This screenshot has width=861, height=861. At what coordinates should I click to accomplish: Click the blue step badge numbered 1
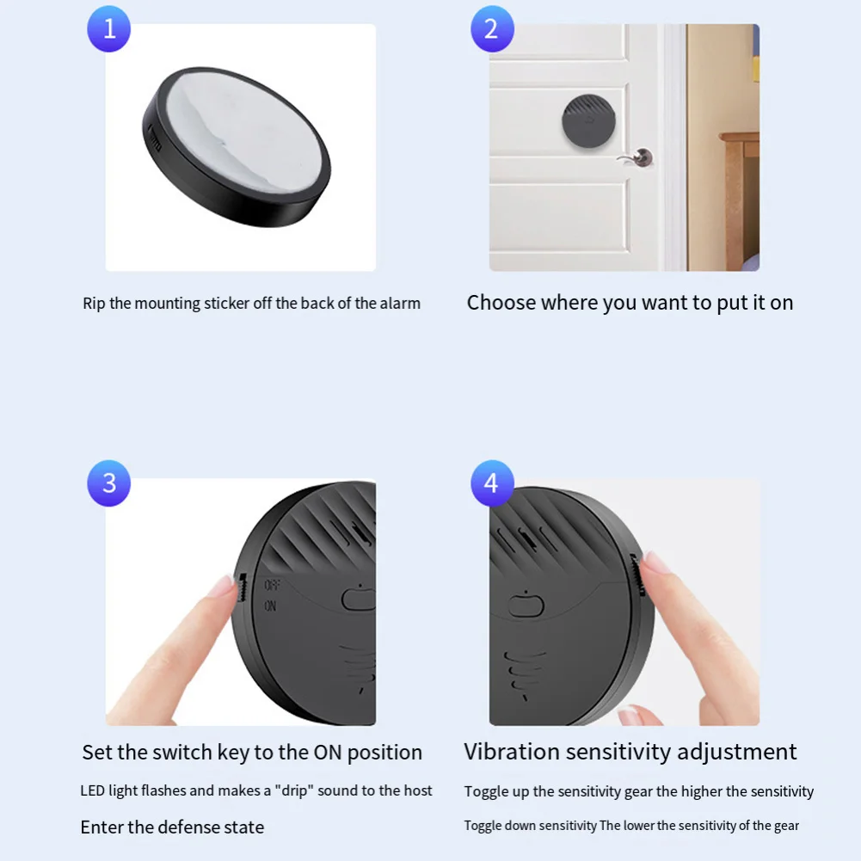pyautogui.click(x=108, y=28)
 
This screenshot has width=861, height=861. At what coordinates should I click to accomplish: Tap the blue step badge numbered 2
pyautogui.click(x=492, y=28)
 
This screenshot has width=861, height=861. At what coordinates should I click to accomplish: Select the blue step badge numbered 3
pyautogui.click(x=108, y=483)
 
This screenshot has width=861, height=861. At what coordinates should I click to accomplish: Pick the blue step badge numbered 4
pyautogui.click(x=492, y=483)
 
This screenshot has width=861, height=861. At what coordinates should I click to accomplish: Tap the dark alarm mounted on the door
pyautogui.click(x=588, y=120)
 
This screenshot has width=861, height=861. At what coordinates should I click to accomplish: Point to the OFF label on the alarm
pyautogui.click(x=273, y=585)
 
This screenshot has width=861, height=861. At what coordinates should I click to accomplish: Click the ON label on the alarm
pyautogui.click(x=270, y=606)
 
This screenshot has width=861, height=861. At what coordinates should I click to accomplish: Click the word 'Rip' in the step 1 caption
pyautogui.click(x=94, y=304)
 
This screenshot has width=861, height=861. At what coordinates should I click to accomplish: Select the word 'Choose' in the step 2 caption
pyautogui.click(x=501, y=303)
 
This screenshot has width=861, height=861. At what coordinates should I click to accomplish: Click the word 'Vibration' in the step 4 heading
pyautogui.click(x=511, y=752)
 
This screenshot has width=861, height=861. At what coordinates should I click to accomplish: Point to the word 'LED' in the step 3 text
pyautogui.click(x=92, y=790)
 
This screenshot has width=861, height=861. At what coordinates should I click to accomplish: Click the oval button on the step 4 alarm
pyautogui.click(x=526, y=606)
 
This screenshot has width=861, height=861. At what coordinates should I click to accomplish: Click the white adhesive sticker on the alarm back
pyautogui.click(x=243, y=131)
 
